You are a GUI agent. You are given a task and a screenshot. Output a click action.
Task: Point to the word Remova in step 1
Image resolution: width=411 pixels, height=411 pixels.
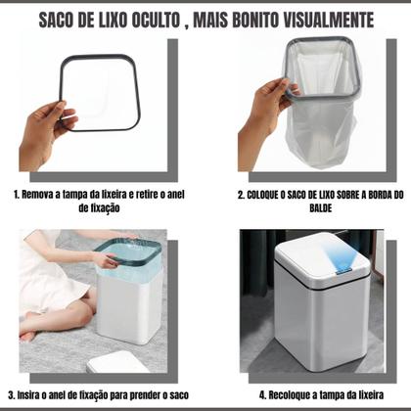click(x=44, y=194)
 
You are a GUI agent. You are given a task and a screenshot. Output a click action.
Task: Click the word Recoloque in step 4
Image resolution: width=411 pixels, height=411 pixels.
click(x=294, y=394)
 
